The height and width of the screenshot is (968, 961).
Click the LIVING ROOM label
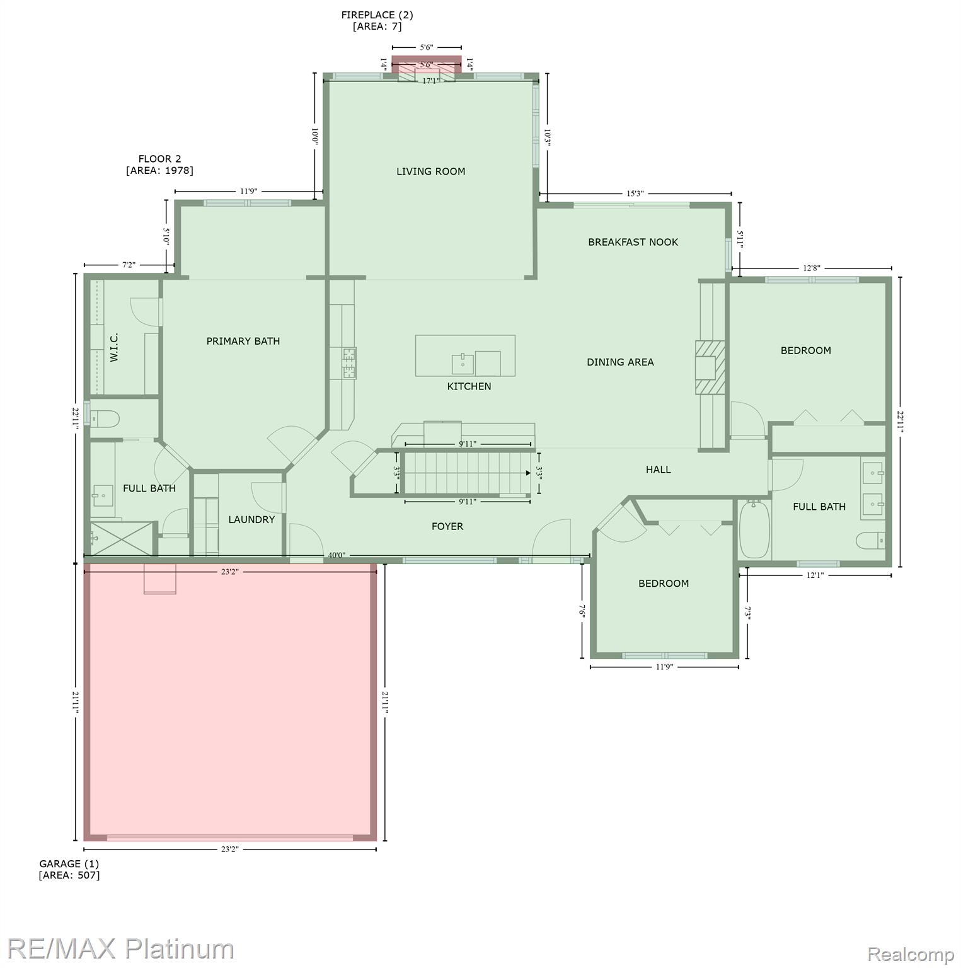pos(430,171)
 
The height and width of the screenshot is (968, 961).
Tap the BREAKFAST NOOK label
pos(633,242)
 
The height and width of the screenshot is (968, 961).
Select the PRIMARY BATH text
pos(243,341)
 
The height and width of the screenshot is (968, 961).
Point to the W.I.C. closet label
pos(114,347)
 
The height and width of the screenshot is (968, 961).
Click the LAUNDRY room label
pos(251,519)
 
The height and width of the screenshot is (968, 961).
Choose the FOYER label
pos(447,526)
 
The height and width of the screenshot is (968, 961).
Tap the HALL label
pos(658,470)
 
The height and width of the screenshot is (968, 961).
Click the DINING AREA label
pos(620,362)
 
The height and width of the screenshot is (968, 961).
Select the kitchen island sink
pos(463,364)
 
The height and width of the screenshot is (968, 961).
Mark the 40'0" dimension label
pos(337,556)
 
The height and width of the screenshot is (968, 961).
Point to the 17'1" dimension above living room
pos(431,81)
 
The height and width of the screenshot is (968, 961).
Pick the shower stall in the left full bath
pos(122,539)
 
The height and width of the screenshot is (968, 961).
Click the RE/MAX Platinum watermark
pos(120,948)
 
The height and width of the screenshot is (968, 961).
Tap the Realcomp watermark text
pos(910,955)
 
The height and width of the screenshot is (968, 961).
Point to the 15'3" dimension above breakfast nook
pos(635,193)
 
